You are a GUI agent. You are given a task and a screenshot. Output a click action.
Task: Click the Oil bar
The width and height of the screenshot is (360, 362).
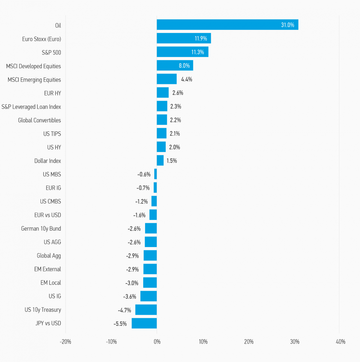227,25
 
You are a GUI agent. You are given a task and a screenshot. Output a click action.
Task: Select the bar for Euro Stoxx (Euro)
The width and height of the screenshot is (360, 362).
183,38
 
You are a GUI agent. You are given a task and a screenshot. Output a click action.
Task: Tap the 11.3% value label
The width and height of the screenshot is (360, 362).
198,52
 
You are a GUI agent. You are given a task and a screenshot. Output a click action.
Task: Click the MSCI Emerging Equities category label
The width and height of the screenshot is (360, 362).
34,80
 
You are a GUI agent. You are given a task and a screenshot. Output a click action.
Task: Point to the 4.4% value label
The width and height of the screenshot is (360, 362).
187,80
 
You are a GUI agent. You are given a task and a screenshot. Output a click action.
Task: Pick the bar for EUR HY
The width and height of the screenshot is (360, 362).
162,93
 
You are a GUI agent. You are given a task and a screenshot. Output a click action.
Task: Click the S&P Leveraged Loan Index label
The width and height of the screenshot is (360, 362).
31,106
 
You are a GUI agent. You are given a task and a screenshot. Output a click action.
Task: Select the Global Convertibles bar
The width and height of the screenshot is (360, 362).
162,120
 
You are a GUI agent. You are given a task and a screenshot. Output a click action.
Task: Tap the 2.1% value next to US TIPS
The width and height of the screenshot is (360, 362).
174,134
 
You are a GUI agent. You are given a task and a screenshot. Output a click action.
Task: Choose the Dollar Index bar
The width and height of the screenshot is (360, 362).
160,161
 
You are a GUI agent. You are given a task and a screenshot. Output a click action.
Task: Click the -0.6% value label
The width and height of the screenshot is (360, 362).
144,174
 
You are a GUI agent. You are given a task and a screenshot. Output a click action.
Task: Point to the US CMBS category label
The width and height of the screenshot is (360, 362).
50,201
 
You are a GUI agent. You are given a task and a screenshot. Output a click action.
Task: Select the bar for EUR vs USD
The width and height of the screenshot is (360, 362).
153,215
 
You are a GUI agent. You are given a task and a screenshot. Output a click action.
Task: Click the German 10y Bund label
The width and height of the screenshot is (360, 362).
41,229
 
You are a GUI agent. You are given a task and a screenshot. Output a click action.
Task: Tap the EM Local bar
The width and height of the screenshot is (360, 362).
150,283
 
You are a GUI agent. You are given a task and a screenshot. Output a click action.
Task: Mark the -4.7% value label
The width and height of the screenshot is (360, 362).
124,310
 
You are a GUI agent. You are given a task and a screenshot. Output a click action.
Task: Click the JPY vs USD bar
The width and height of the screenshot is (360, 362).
144,323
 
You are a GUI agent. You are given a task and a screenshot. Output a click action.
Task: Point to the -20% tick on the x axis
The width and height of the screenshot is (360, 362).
65,342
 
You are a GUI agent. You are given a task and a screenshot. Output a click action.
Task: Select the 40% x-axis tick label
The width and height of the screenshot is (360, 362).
340,342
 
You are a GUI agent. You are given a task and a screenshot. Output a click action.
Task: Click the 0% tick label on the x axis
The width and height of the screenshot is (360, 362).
157,342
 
